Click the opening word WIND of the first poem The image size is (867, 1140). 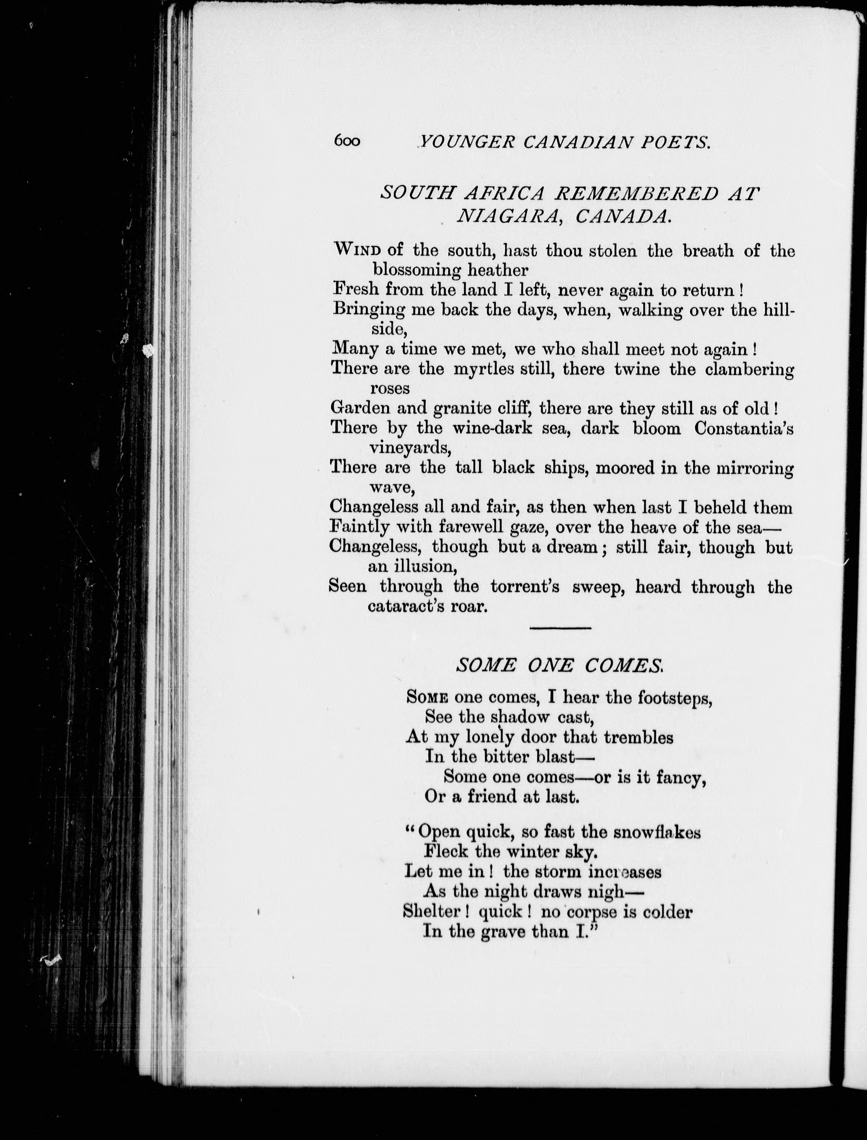coord(357,250)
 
